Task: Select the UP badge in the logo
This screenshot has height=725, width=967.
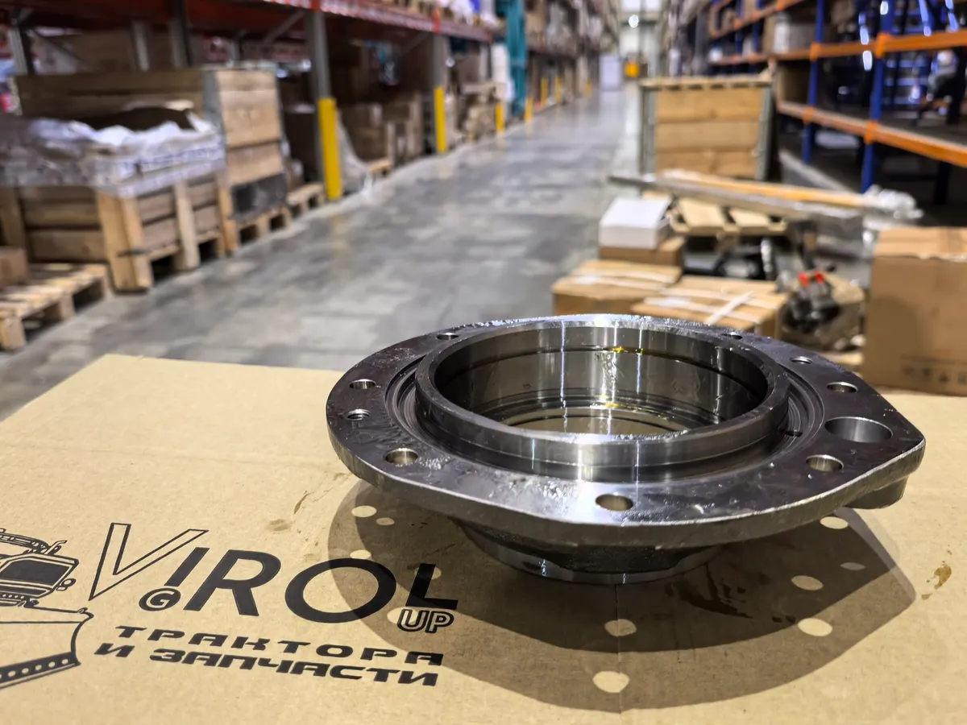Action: point(425,619)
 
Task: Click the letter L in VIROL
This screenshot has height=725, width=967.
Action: point(412,578)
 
